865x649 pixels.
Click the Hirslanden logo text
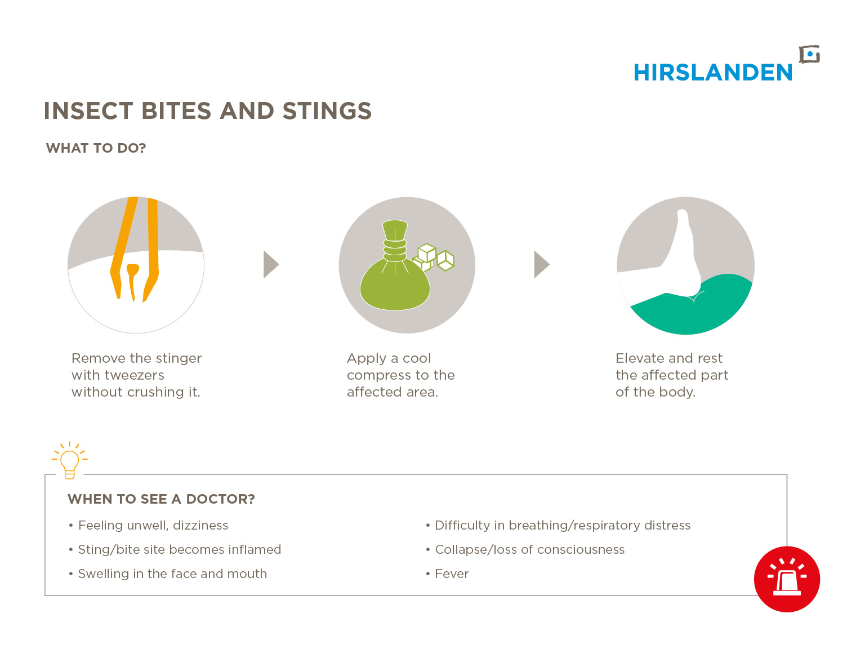(712, 73)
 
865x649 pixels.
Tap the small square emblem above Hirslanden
(809, 55)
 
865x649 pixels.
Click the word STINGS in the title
(327, 111)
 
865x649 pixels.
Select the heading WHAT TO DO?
(96, 148)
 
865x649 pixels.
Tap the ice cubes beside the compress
(434, 257)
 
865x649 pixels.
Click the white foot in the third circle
(670, 268)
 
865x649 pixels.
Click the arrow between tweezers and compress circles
(271, 264)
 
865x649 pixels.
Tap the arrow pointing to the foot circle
(541, 264)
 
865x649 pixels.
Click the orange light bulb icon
(70, 460)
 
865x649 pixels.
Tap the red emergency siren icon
(787, 579)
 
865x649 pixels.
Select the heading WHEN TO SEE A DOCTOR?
(161, 499)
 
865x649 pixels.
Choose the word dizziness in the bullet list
(200, 525)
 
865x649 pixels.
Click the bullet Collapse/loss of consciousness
(525, 550)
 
